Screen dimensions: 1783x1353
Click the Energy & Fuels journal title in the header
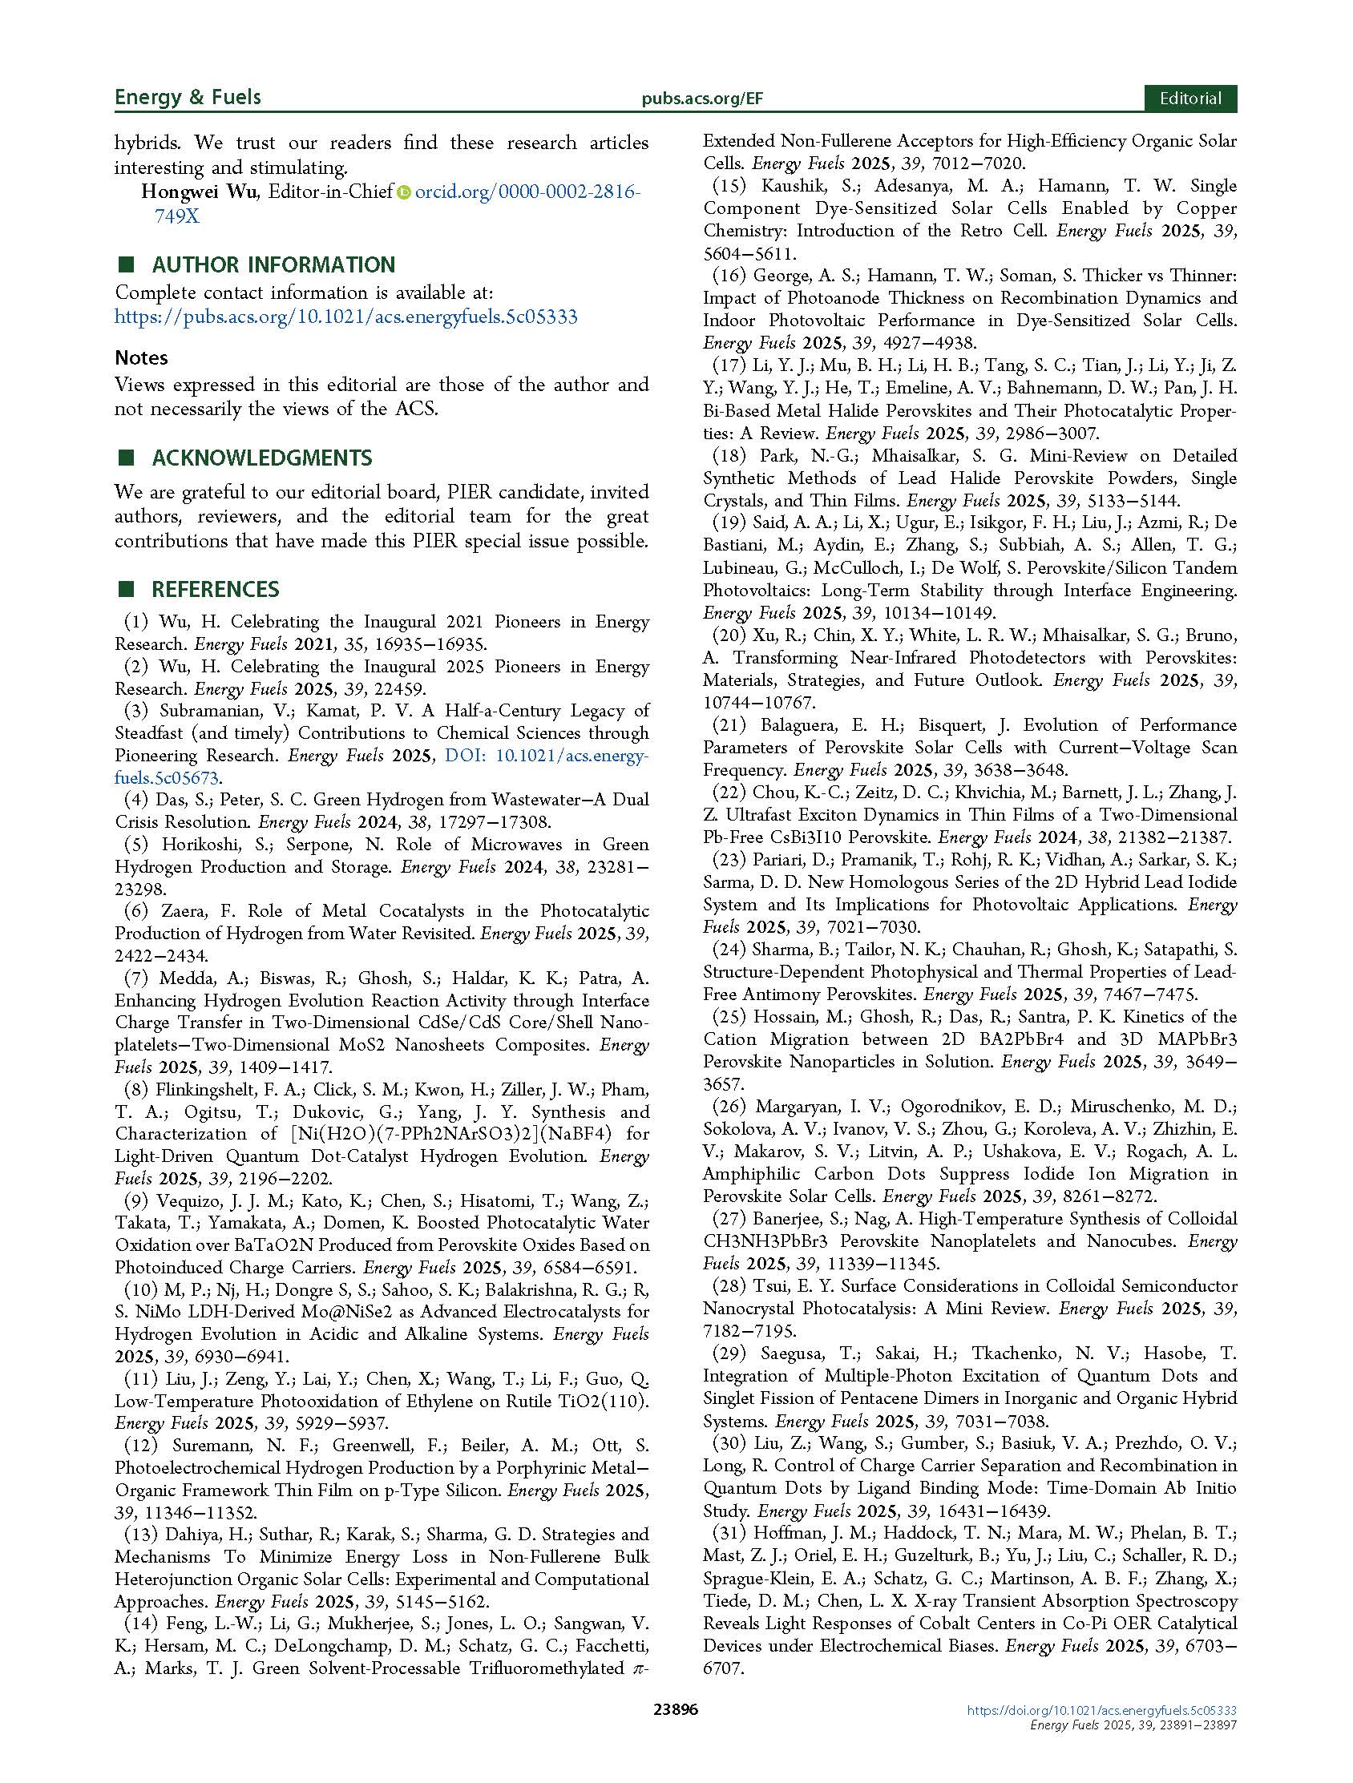[187, 98]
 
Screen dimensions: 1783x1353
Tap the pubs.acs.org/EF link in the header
[701, 99]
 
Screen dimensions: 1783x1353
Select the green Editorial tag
[1189, 99]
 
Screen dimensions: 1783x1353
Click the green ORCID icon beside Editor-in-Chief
[404, 192]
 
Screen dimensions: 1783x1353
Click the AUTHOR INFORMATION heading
[273, 264]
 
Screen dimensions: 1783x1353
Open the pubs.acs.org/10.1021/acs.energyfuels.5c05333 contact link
[346, 317]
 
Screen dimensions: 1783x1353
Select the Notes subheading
[141, 357]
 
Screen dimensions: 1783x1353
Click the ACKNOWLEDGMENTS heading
[261, 458]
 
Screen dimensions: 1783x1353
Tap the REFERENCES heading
[216, 589]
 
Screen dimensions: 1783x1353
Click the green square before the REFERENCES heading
[125, 589]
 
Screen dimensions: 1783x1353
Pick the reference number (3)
[136, 711]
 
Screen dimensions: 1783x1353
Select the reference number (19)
[728, 523]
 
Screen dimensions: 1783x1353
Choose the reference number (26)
[728, 1107]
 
